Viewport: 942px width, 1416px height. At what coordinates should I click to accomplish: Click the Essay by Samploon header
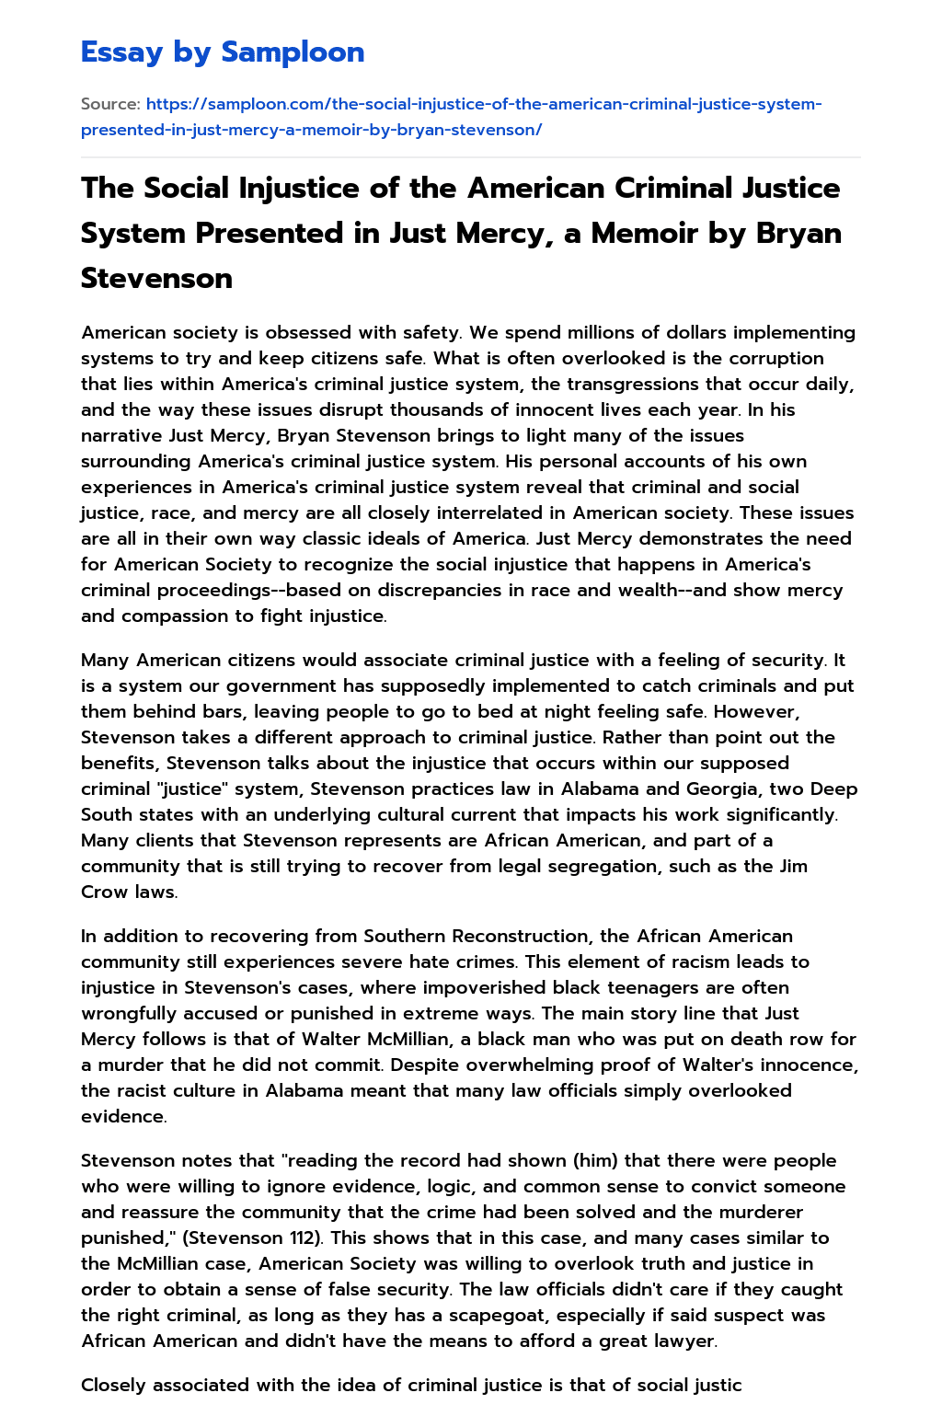coord(223,52)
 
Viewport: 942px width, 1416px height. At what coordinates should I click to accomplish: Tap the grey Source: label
coord(110,104)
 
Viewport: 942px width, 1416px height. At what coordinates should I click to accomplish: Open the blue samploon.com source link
coord(451,117)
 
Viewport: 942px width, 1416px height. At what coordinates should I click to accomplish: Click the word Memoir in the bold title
coord(636,233)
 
